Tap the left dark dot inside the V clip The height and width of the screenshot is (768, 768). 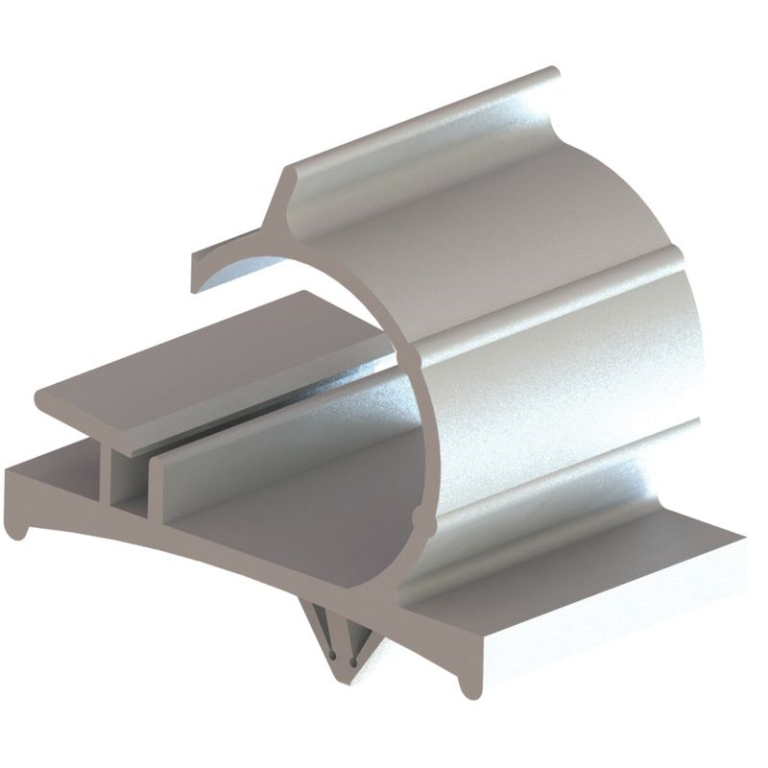click(331, 657)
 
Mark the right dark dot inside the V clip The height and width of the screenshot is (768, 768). click(353, 661)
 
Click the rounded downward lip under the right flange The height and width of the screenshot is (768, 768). click(468, 684)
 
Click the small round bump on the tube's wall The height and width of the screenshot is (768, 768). click(415, 519)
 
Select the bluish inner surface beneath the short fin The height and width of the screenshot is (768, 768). click(240, 269)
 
